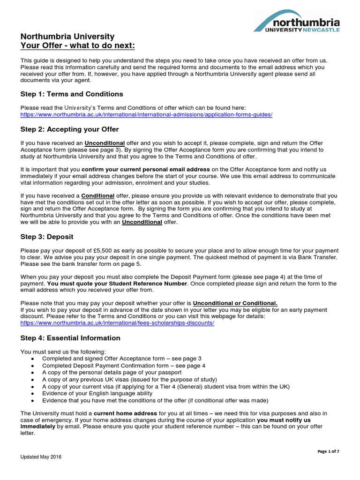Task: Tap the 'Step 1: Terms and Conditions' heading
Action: pos(72,94)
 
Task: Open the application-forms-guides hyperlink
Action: pos(146,114)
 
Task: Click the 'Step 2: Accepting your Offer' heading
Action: pos(70,129)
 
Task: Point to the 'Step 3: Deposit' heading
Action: pos(47,237)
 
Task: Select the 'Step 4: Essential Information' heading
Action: pos(70,338)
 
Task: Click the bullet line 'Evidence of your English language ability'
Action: pos(97,393)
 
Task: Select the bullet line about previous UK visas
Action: pos(129,379)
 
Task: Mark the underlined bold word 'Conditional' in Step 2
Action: pos(97,195)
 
